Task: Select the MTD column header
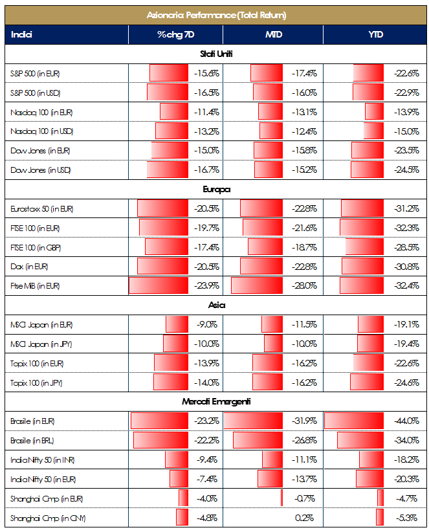tap(273, 34)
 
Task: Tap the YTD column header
tap(373, 34)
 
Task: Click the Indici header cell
tap(22, 34)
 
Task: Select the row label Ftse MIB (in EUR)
tap(36, 285)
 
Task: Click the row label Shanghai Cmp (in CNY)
tap(49, 518)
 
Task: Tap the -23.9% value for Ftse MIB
tap(206, 285)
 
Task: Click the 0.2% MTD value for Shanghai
tap(303, 518)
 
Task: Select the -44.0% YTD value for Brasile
tap(406, 421)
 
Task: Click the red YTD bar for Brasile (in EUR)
tap(355, 421)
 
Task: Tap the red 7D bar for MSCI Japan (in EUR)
tap(177, 325)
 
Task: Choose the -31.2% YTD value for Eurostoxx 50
tap(406, 208)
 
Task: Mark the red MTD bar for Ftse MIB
tap(256, 285)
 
